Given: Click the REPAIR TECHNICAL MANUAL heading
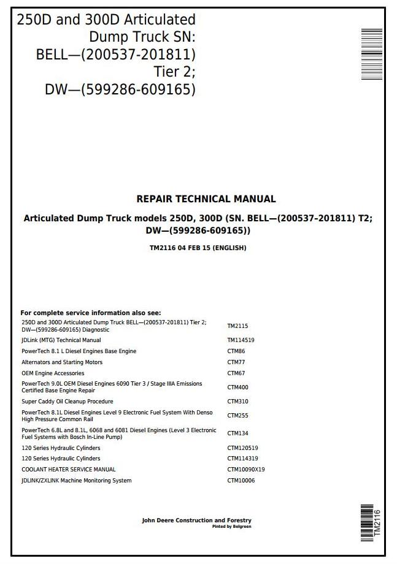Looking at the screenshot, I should coord(206,199).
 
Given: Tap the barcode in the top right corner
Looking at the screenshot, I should coord(372,54).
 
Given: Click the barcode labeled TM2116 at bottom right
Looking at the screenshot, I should coord(368,522).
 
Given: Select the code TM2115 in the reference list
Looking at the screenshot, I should coord(237,326).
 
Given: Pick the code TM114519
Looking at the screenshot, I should coord(241,340).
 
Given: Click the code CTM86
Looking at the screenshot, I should coord(236,351).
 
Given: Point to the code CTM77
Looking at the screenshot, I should coord(236,362).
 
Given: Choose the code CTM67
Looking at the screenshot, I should coord(236,373).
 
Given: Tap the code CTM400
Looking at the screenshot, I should coord(237,387).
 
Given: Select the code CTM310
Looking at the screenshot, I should coord(237,402).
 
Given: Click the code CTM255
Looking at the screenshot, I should coord(237,416).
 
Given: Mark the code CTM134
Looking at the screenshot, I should coord(237,433).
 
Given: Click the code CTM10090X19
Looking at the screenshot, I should coord(245,470).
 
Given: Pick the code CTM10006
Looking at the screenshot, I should coord(241,481).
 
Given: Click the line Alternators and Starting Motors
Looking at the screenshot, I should coord(55,362).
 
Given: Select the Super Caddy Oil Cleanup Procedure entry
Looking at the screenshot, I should coord(67,402).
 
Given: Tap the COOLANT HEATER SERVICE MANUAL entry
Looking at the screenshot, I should coord(69,470).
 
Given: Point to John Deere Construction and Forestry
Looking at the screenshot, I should coord(196,520).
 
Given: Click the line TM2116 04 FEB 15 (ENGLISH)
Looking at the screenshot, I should coord(198,248).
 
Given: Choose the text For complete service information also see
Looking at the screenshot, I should coord(91,313).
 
